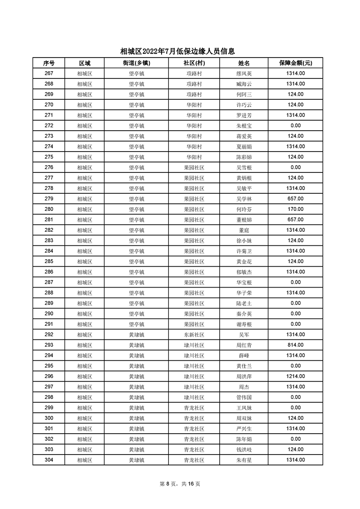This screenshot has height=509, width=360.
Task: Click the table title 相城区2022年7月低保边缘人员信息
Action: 180,52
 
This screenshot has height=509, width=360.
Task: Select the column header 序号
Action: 49,63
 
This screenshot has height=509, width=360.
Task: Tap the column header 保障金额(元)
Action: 295,63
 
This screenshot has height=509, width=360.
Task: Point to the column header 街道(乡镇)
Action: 136,63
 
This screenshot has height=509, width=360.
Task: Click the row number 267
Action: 49,73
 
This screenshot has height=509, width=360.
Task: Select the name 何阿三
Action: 244,94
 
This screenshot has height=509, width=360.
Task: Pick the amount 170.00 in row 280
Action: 295,209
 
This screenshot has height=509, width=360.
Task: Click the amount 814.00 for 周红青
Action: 295,345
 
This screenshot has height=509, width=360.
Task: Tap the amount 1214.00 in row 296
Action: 295,376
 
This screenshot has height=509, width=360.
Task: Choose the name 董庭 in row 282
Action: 244,230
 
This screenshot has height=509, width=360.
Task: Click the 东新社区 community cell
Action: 194,334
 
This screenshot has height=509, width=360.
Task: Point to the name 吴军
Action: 244,334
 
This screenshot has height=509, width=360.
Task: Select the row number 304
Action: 49,460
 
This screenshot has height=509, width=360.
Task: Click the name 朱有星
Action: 244,460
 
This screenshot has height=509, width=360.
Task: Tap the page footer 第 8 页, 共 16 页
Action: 180,484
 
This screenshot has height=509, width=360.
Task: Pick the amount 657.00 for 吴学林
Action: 295,199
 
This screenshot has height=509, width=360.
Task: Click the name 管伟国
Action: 244,397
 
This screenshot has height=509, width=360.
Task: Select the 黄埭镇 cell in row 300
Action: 136,418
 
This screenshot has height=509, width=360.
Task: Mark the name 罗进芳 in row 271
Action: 244,115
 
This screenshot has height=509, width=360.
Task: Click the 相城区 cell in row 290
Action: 84,313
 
